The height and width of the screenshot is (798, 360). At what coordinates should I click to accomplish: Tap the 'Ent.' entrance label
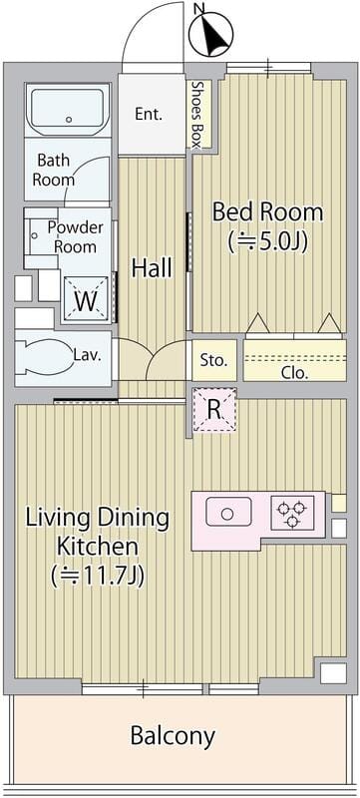tap(149, 114)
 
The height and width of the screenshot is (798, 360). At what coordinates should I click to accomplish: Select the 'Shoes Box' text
tap(195, 114)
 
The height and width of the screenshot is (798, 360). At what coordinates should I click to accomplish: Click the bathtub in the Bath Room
tap(68, 109)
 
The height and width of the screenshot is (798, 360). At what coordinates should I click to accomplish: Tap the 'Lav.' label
tap(86, 355)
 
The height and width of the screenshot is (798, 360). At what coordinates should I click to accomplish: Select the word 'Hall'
tap(152, 267)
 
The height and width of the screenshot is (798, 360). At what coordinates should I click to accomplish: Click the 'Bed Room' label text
tap(267, 211)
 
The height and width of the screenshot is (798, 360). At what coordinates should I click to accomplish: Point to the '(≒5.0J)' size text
tap(268, 241)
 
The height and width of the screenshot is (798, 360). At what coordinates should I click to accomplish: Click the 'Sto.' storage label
tap(213, 361)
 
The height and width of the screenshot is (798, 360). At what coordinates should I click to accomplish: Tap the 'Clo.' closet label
tap(295, 373)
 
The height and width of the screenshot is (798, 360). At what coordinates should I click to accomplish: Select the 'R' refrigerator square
tap(214, 410)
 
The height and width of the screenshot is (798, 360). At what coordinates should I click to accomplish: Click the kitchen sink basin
tap(228, 512)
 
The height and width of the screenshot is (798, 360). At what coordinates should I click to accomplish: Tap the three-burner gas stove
tap(292, 513)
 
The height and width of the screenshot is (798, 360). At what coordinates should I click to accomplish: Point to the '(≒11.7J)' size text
tap(98, 576)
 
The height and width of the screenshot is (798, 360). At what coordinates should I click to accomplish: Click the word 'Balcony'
tap(173, 735)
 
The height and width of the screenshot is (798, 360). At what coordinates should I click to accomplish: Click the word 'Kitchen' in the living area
tap(97, 547)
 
